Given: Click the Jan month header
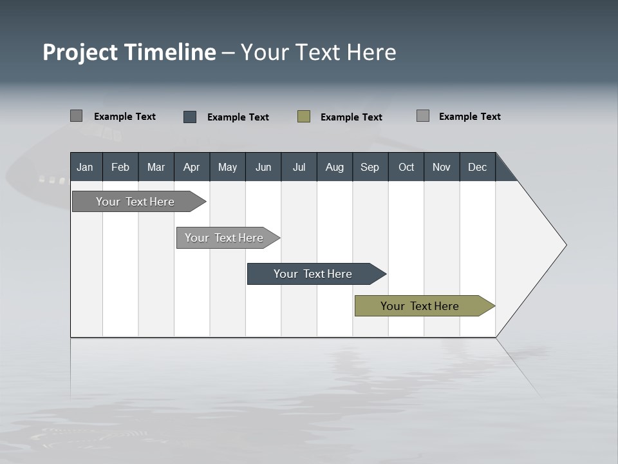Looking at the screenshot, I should pos(85,167).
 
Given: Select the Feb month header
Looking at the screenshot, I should pos(120,167).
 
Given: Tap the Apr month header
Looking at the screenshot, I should pos(191,167).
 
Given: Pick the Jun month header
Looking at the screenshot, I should pos(263,167).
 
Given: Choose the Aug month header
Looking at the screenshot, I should pos(334,167).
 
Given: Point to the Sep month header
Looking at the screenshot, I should pos(370,167).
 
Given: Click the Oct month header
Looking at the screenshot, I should pos(406,167).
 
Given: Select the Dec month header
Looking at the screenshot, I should pos(477,167).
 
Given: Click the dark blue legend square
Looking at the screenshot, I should pos(190,117).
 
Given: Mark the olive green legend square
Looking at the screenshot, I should pos(304,117).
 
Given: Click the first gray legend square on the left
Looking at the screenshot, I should pos(76,116).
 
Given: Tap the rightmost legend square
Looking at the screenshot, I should pos(423,116).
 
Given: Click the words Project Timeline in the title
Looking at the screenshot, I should pos(129,52).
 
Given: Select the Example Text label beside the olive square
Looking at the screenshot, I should pos(351,117).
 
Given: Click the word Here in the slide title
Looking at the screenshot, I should pos(371,52).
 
